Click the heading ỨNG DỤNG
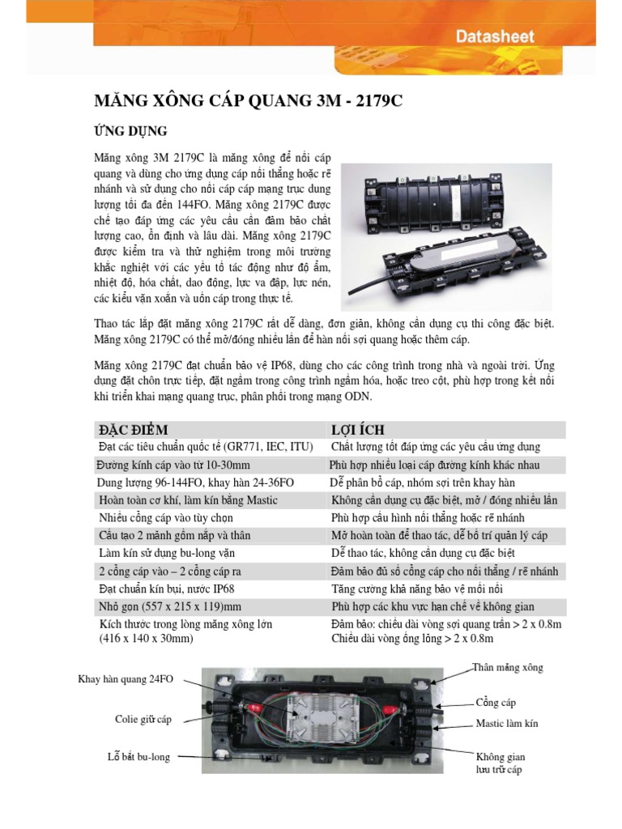point(131,131)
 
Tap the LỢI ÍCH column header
point(357,430)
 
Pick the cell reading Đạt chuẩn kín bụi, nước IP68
point(166,589)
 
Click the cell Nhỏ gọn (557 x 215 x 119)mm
point(168,606)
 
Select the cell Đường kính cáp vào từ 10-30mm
point(173,465)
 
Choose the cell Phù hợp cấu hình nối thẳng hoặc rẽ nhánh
point(428,518)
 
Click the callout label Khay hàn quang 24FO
point(126,679)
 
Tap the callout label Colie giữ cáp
point(143,719)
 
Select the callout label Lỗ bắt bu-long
point(138,757)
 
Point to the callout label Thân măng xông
point(508,668)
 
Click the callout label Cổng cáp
point(496,703)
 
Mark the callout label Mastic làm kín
point(506,724)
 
